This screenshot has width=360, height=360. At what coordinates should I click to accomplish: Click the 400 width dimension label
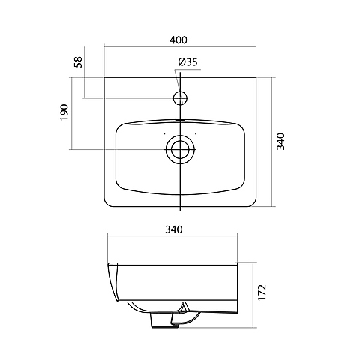178,40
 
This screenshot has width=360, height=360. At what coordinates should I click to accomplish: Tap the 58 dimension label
78,61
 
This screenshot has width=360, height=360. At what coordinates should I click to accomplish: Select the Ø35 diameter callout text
187,61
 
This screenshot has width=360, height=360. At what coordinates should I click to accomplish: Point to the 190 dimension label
64,112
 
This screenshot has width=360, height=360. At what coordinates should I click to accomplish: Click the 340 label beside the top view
280,142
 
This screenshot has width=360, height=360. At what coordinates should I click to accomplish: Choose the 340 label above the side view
174,229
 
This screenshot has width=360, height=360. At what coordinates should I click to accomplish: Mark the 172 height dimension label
262,292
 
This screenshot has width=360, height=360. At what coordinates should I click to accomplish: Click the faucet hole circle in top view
173,98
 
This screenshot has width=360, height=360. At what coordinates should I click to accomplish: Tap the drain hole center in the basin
180,149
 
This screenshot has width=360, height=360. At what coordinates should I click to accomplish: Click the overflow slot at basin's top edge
180,120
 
